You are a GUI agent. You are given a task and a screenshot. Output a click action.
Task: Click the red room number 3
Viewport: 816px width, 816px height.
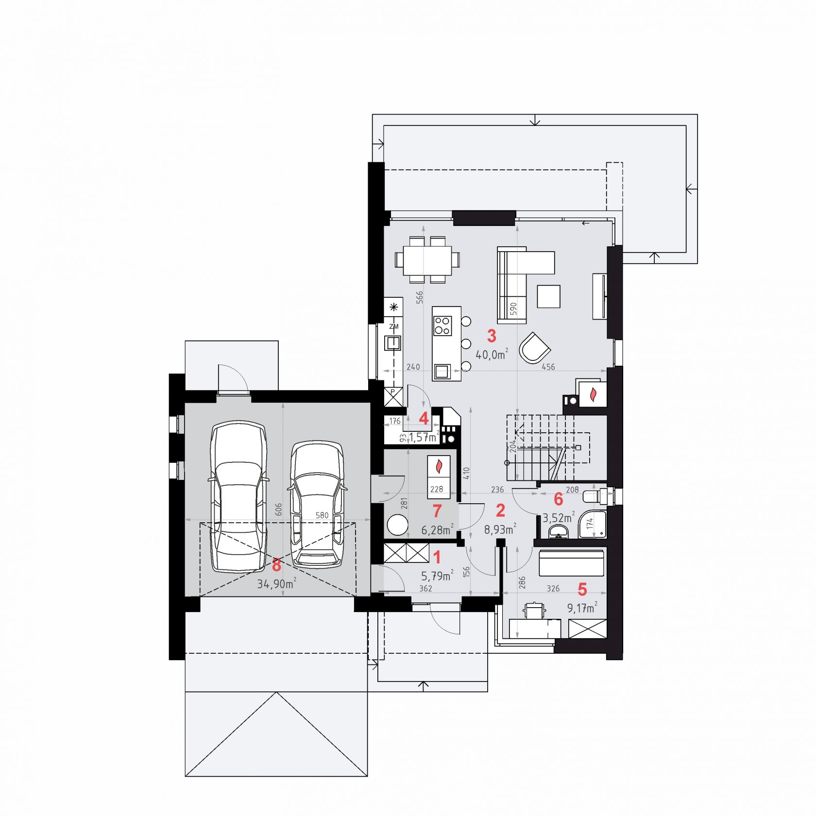click(x=492, y=336)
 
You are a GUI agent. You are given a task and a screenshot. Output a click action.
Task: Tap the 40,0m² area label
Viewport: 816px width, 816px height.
click(x=492, y=354)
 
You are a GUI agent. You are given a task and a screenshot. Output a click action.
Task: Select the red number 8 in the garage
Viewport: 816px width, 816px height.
click(x=276, y=565)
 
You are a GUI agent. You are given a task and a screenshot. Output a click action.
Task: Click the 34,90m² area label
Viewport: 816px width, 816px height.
click(x=276, y=583)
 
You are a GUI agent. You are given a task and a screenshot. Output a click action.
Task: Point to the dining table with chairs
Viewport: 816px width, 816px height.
click(x=427, y=259)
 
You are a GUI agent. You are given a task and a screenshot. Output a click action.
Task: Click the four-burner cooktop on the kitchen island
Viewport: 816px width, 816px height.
click(x=442, y=325)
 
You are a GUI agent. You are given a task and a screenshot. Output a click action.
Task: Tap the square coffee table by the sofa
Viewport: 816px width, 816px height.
click(x=548, y=296)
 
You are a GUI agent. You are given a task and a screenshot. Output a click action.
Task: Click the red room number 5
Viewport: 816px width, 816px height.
click(x=582, y=590)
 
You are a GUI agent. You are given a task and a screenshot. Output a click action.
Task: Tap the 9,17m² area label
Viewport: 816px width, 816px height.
click(x=582, y=608)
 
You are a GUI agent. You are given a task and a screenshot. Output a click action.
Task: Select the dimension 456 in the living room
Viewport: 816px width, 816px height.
click(x=548, y=367)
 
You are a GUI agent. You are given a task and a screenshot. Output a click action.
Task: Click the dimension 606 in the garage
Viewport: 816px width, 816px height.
click(x=278, y=509)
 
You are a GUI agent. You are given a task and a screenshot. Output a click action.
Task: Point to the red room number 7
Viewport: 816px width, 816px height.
click(x=437, y=511)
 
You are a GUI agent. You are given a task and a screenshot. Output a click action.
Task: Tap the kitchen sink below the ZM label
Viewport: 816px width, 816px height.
click(x=392, y=343)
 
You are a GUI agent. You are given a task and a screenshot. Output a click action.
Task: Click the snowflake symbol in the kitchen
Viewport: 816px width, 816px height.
click(x=393, y=306)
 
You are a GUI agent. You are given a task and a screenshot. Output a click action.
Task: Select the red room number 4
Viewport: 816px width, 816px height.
click(x=424, y=418)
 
